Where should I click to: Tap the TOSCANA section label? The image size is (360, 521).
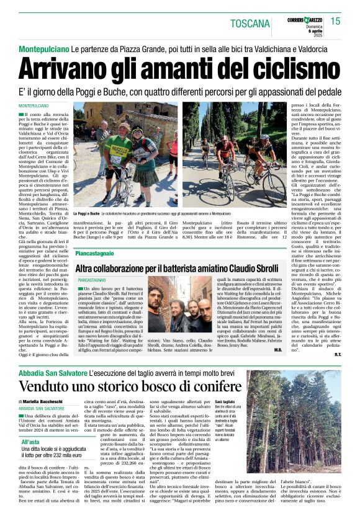pos(250,24)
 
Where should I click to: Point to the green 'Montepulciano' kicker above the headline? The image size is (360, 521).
pos(42,48)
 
